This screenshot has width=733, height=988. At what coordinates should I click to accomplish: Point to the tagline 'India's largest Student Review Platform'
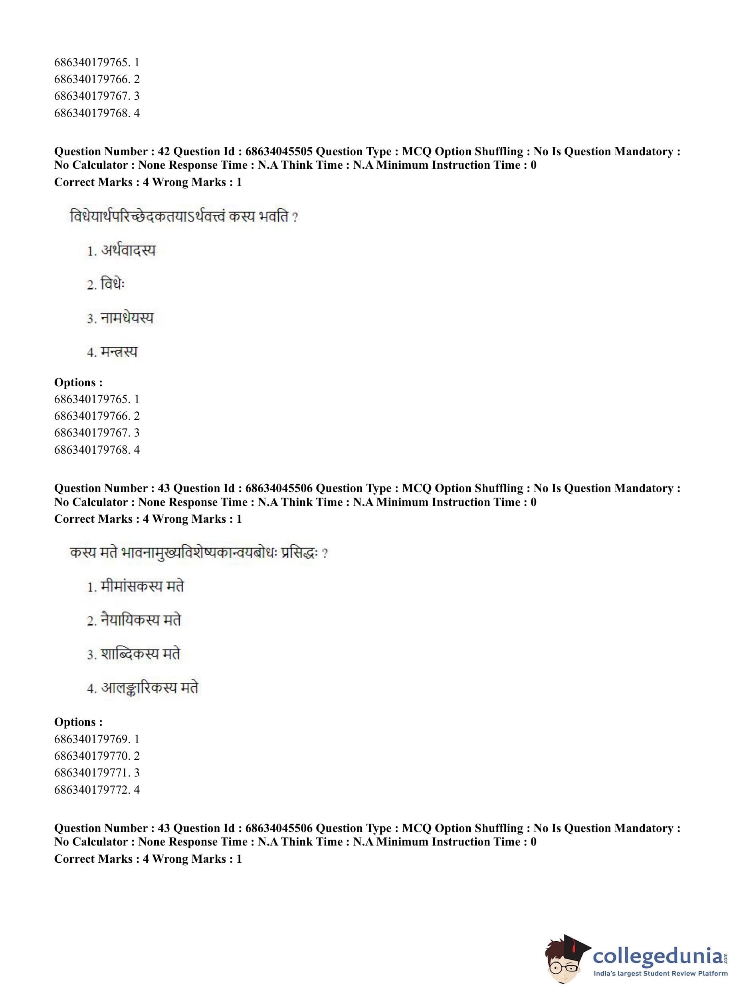660,973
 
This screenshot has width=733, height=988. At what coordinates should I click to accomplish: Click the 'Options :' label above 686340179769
78,722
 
